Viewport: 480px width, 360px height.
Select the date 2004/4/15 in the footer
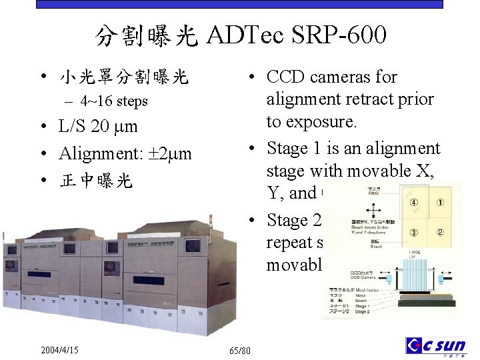point(59,349)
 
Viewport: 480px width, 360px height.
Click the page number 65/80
point(239,350)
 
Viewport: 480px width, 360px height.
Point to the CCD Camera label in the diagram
point(365,275)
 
